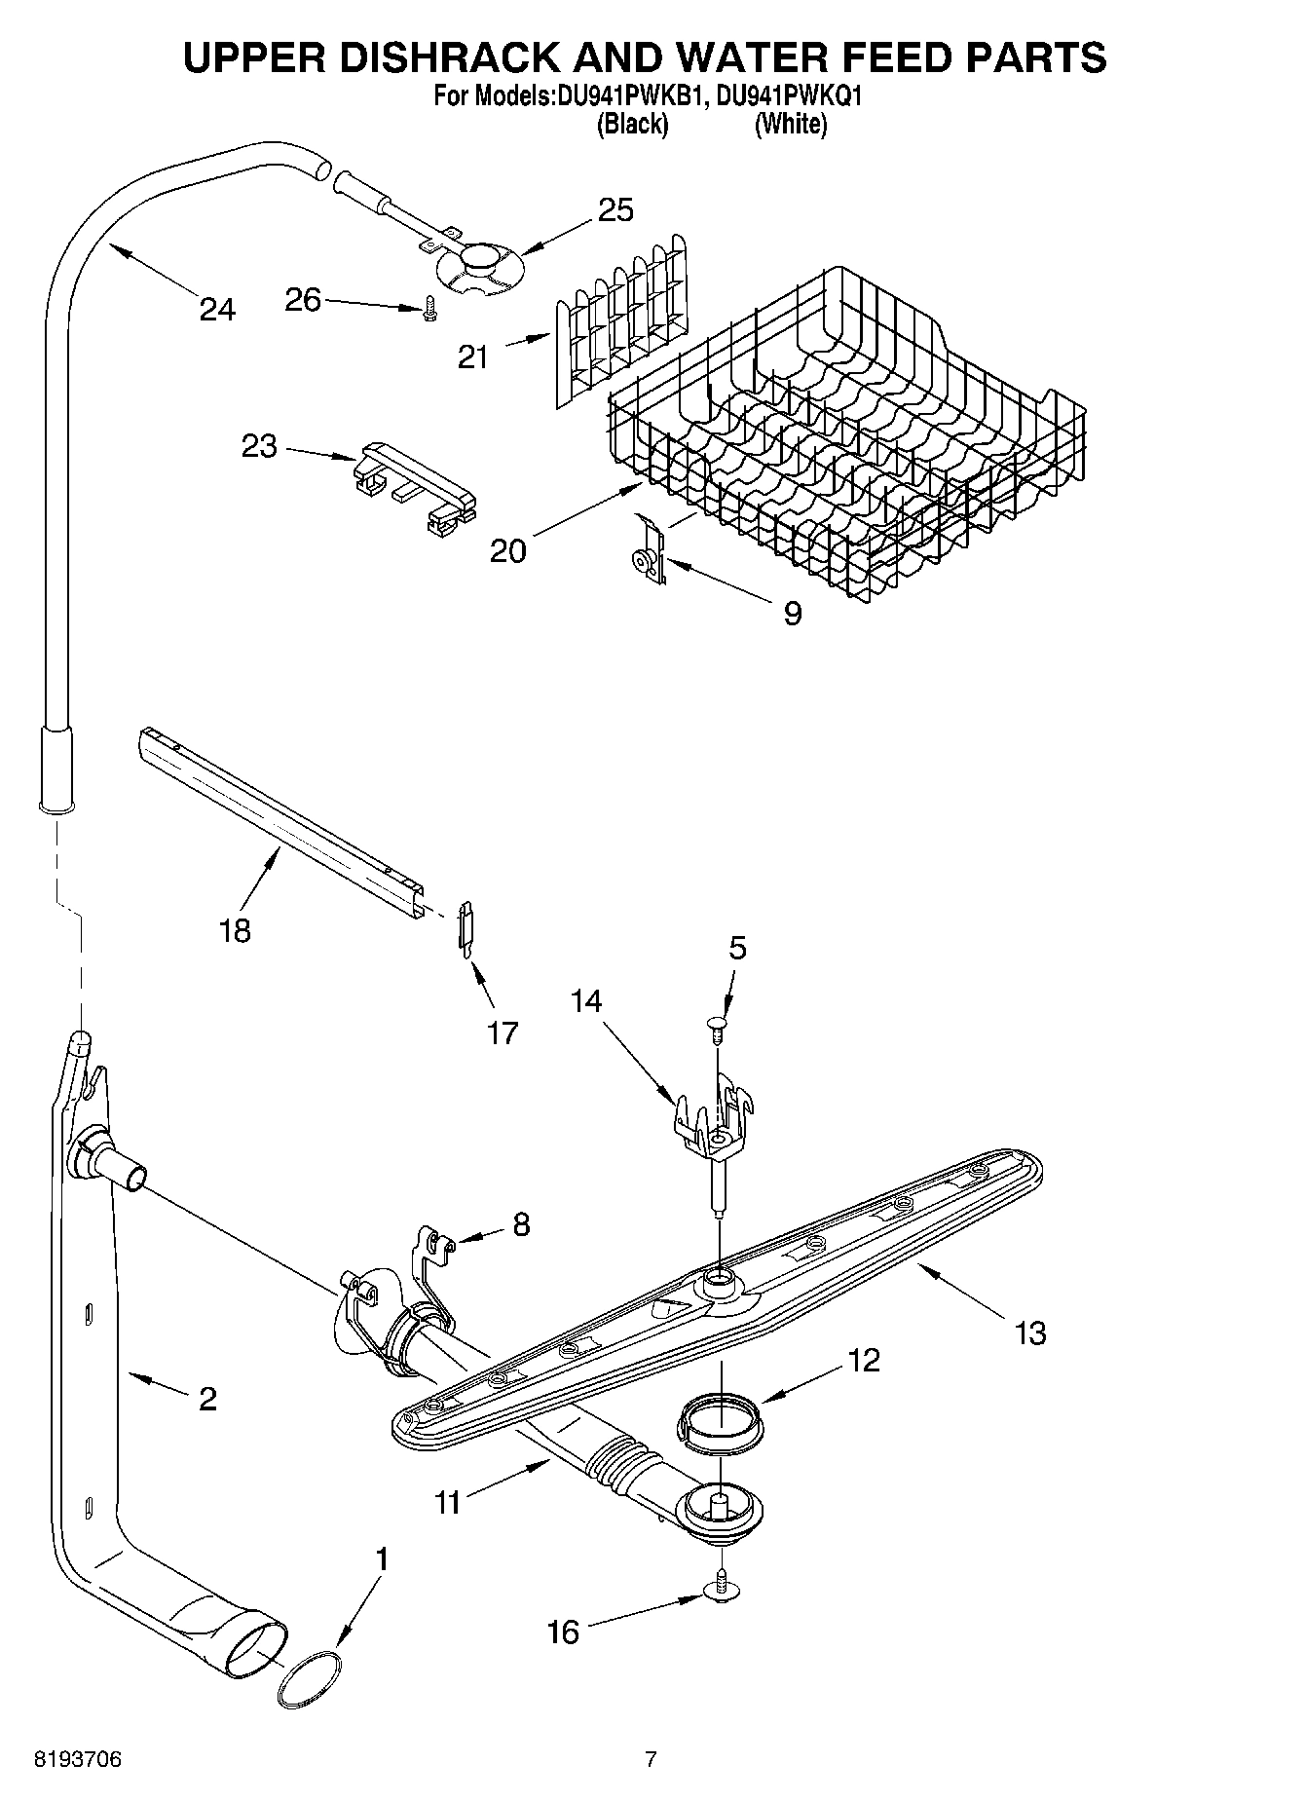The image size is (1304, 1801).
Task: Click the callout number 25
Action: [x=615, y=209]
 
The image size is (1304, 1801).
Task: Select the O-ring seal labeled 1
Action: [x=310, y=1681]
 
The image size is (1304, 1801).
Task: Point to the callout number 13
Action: [x=1029, y=1332]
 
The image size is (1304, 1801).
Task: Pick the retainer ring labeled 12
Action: [x=719, y=1415]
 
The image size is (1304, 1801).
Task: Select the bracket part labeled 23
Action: [x=414, y=480]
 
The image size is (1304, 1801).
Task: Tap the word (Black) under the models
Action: [x=632, y=125]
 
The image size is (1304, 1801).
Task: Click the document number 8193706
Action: [x=78, y=1759]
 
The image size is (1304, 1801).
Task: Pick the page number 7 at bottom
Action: [x=651, y=1759]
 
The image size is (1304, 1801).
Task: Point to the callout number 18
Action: [x=235, y=930]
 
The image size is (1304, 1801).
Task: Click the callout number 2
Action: [x=206, y=1399]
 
